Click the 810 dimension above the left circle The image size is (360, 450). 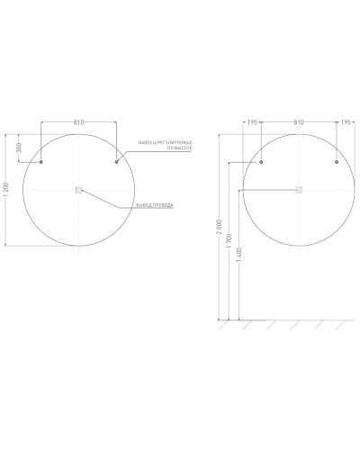(x=79, y=121)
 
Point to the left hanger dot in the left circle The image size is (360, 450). (x=41, y=162)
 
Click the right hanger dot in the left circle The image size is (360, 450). (x=116, y=162)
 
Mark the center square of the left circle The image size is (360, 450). (x=79, y=190)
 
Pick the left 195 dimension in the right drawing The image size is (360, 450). (x=253, y=121)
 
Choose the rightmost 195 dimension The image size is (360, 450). (x=345, y=121)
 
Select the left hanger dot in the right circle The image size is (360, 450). (x=261, y=162)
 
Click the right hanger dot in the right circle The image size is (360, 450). (x=336, y=162)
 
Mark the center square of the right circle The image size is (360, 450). (x=299, y=190)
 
